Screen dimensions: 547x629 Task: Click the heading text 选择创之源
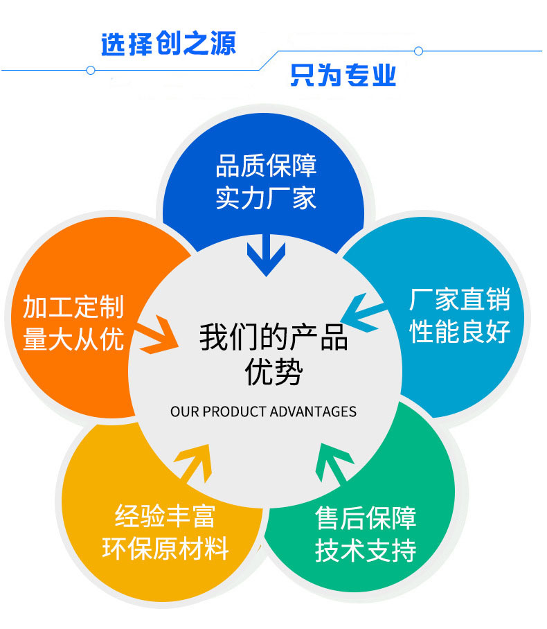click(168, 44)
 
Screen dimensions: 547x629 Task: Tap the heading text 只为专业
click(343, 75)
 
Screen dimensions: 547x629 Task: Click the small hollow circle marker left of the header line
click(91, 71)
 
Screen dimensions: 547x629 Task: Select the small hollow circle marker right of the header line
click(418, 51)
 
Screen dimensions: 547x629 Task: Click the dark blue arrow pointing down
click(267, 255)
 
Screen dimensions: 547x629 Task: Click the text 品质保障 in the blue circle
click(267, 166)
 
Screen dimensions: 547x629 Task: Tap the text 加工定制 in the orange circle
click(73, 307)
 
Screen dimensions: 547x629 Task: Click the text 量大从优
click(73, 339)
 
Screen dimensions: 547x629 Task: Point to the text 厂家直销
click(460, 299)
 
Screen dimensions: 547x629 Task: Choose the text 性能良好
click(460, 331)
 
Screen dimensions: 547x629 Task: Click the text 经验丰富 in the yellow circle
click(165, 516)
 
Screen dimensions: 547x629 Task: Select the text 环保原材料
click(165, 548)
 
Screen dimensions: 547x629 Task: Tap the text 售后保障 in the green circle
click(366, 518)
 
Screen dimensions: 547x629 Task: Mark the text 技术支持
click(366, 550)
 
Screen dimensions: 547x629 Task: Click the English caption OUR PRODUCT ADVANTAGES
click(264, 411)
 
